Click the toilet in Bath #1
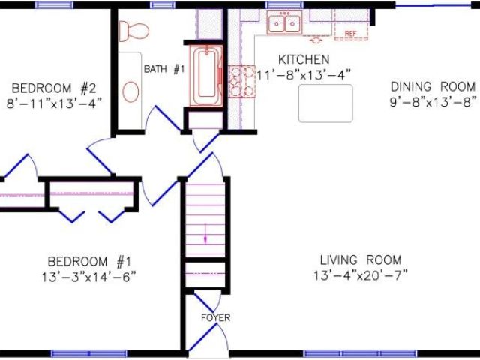pos(133,31)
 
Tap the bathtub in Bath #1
pos(206,76)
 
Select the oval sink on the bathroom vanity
pos(130,91)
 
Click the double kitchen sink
pos(285,22)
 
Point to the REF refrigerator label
pos(351,34)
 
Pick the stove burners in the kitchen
pos(241,82)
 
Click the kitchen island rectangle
pos(325,103)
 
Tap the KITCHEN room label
pos(304,60)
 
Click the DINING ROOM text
pos(433,87)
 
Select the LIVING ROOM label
pos(361,260)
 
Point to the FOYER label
pos(215,318)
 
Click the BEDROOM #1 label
pos(89,262)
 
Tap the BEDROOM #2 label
pos(54,88)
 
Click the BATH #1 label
pos(164,69)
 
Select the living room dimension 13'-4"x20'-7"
pos(361,275)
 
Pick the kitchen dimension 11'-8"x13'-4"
pos(303,74)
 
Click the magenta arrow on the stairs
pos(205,234)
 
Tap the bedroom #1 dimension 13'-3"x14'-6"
pos(88,277)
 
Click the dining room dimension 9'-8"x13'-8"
pos(433,102)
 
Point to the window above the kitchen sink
pos(284,5)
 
